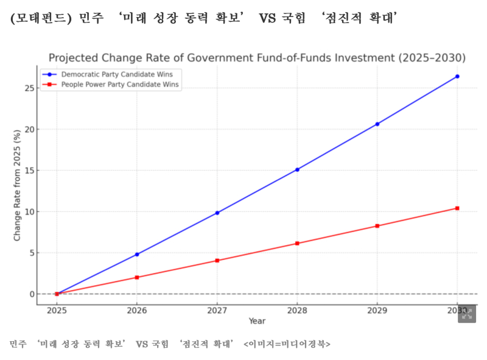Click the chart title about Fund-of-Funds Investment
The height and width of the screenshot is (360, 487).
pos(257,58)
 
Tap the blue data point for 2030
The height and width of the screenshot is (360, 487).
pos(457,76)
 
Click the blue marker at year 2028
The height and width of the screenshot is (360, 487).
pos(297,169)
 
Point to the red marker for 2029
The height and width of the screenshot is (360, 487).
pos(377,226)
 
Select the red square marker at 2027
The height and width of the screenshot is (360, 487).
pos(217,261)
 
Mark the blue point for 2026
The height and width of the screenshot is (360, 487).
pos(137,254)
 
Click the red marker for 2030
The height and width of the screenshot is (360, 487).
pos(457,208)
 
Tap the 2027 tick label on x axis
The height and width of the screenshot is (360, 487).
pos(217,311)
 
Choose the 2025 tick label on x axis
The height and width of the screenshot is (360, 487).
pos(57,311)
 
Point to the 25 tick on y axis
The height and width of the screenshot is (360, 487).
pos(28,88)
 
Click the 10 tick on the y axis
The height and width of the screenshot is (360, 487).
pos(28,212)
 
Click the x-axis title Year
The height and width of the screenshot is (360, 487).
pos(257,321)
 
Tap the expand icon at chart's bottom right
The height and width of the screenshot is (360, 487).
pos(466,313)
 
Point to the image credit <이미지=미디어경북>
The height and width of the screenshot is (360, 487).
pos(287,344)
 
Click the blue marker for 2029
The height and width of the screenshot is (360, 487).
pos(377,124)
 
